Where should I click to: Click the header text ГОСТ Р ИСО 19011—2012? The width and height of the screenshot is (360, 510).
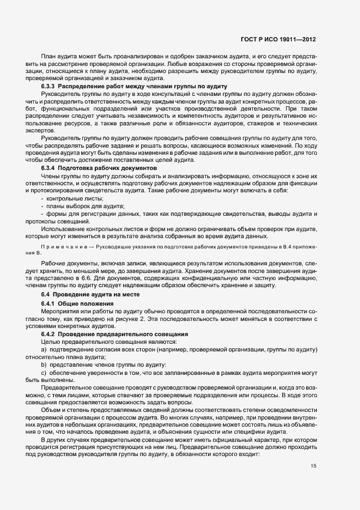[x=278, y=40]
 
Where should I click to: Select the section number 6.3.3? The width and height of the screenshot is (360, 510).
[x=48, y=87]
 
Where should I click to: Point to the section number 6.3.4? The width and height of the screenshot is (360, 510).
[x=48, y=168]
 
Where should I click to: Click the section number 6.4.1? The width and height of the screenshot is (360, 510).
[x=48, y=303]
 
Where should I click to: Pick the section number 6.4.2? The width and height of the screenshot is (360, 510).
[x=48, y=333]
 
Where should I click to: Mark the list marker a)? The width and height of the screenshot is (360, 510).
[x=44, y=349]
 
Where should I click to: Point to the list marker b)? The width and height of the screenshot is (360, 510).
[x=44, y=363]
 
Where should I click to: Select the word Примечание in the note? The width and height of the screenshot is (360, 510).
[x=60, y=247]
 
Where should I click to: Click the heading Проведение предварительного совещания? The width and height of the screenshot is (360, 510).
[x=123, y=333]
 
